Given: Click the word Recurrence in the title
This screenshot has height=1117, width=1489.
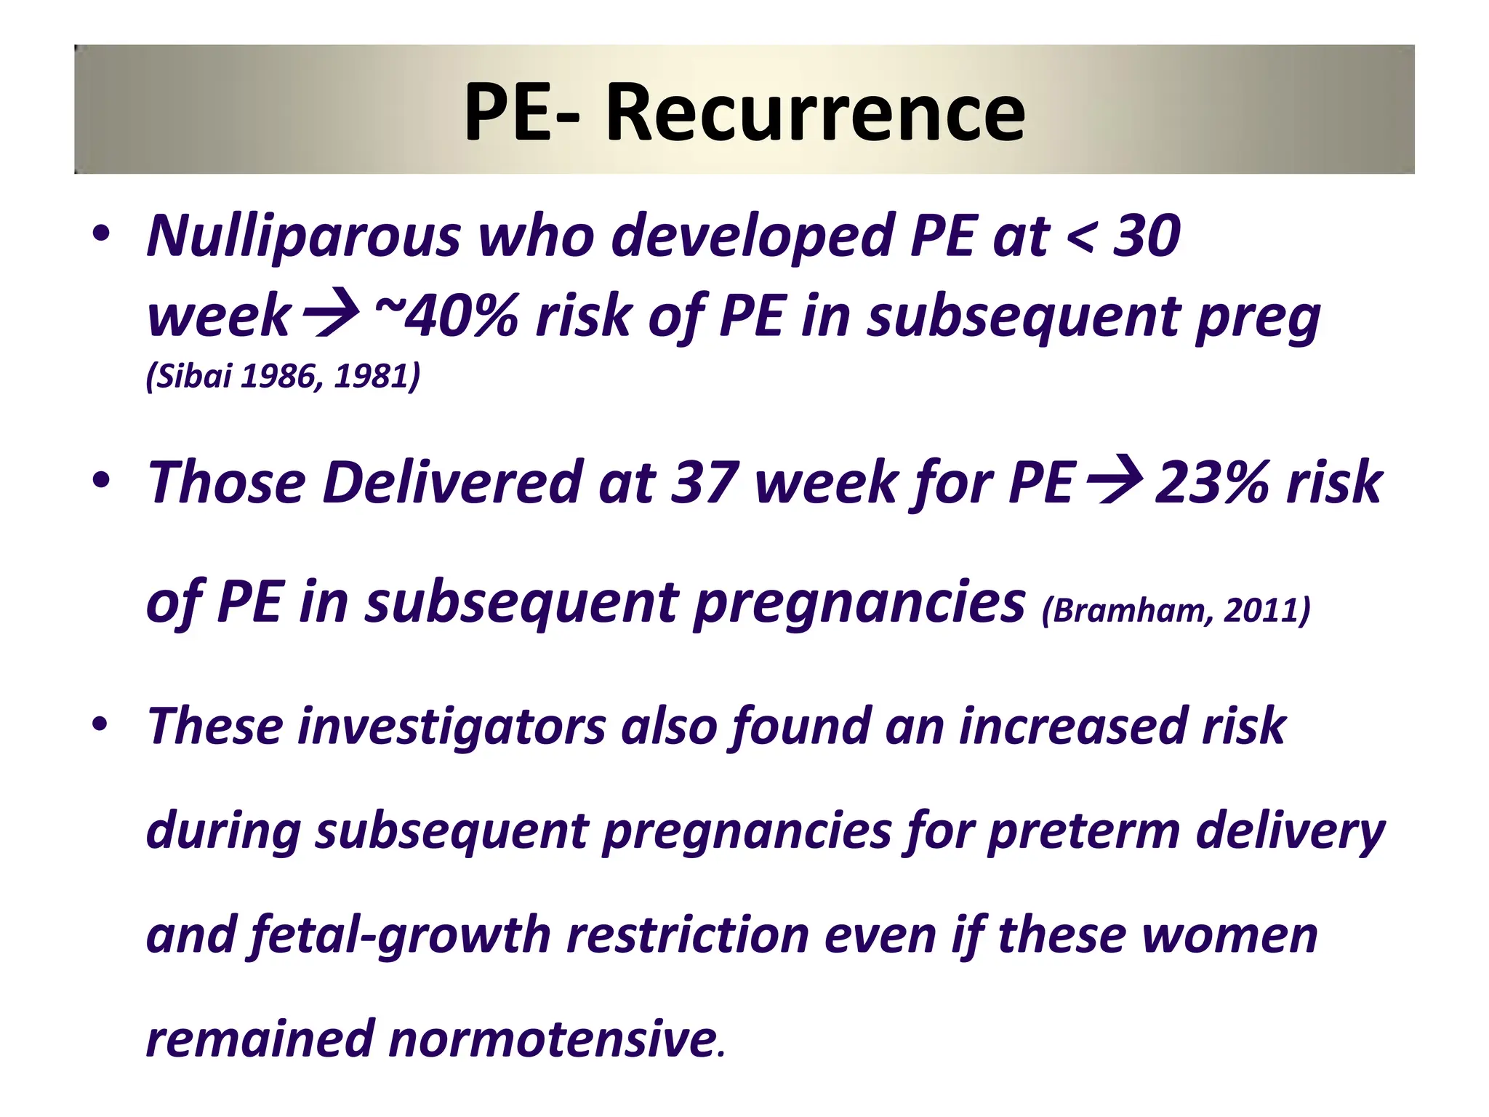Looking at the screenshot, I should click(x=815, y=113).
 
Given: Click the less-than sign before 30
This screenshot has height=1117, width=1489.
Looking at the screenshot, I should click(x=1080, y=237).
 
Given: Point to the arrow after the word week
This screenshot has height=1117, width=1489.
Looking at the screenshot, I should click(x=331, y=316).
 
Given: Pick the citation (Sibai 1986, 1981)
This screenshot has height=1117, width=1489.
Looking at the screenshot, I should click(x=284, y=376).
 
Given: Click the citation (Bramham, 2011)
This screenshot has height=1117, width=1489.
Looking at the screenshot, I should click(x=1176, y=609).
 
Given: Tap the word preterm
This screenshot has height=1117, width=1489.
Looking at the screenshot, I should click(x=1083, y=831).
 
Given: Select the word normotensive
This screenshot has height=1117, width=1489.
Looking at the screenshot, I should click(x=553, y=1038).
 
